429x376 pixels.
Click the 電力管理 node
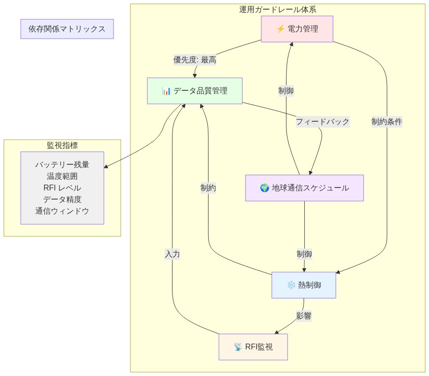[297, 29]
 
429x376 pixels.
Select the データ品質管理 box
[195, 91]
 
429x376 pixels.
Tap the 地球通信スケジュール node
[304, 188]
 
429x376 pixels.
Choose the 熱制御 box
[303, 285]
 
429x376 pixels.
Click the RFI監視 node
[253, 347]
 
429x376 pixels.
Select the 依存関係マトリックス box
[67, 29]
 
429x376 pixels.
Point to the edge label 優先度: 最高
[195, 60]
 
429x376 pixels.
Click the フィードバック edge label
[322, 122]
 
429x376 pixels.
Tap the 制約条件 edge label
[386, 122]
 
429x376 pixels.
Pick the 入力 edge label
[172, 254]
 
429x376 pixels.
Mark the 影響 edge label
[303, 316]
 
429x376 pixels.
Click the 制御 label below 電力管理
[286, 90]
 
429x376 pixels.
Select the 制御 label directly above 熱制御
[304, 254]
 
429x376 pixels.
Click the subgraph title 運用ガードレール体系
[278, 9]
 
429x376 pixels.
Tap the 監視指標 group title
[62, 145]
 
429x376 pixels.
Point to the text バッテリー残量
[62, 164]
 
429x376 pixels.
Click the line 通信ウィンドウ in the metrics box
[62, 211]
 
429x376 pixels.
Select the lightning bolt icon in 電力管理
[280, 29]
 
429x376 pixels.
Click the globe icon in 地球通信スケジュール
[264, 188]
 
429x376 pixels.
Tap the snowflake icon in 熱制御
[291, 285]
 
